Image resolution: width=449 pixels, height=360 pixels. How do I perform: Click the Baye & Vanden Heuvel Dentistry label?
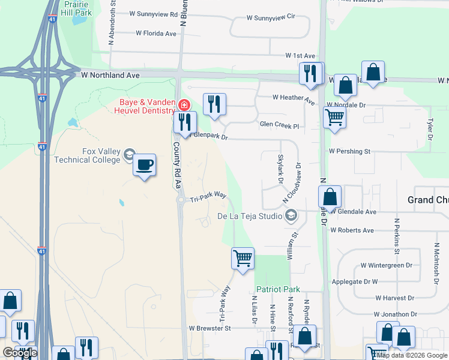click(146, 106)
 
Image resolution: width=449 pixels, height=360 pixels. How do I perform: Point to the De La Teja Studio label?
click(250, 215)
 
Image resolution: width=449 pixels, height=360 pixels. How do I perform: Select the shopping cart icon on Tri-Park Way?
click(243, 259)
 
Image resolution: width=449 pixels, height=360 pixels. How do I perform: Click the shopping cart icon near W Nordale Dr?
click(334, 117)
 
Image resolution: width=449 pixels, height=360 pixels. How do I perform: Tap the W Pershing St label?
click(349, 152)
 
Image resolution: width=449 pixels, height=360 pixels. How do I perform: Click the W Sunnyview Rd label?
click(154, 13)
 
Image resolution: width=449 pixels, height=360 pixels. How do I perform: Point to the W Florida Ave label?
click(156, 34)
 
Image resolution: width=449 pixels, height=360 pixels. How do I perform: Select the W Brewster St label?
click(209, 329)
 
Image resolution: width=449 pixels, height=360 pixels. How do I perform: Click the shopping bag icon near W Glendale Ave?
click(330, 197)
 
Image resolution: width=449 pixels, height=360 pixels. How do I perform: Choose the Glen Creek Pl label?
click(279, 125)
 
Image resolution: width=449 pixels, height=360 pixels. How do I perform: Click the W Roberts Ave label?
click(352, 230)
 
